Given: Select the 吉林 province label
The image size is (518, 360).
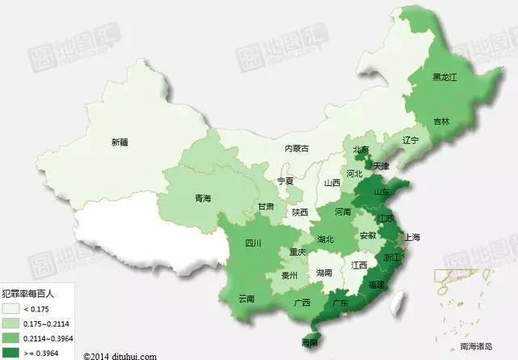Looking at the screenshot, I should point(441,121).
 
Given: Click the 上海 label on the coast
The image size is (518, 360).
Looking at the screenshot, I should point(411,237).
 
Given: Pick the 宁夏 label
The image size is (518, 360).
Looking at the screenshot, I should point(286,181).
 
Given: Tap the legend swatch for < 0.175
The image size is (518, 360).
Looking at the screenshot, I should point(12,308).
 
